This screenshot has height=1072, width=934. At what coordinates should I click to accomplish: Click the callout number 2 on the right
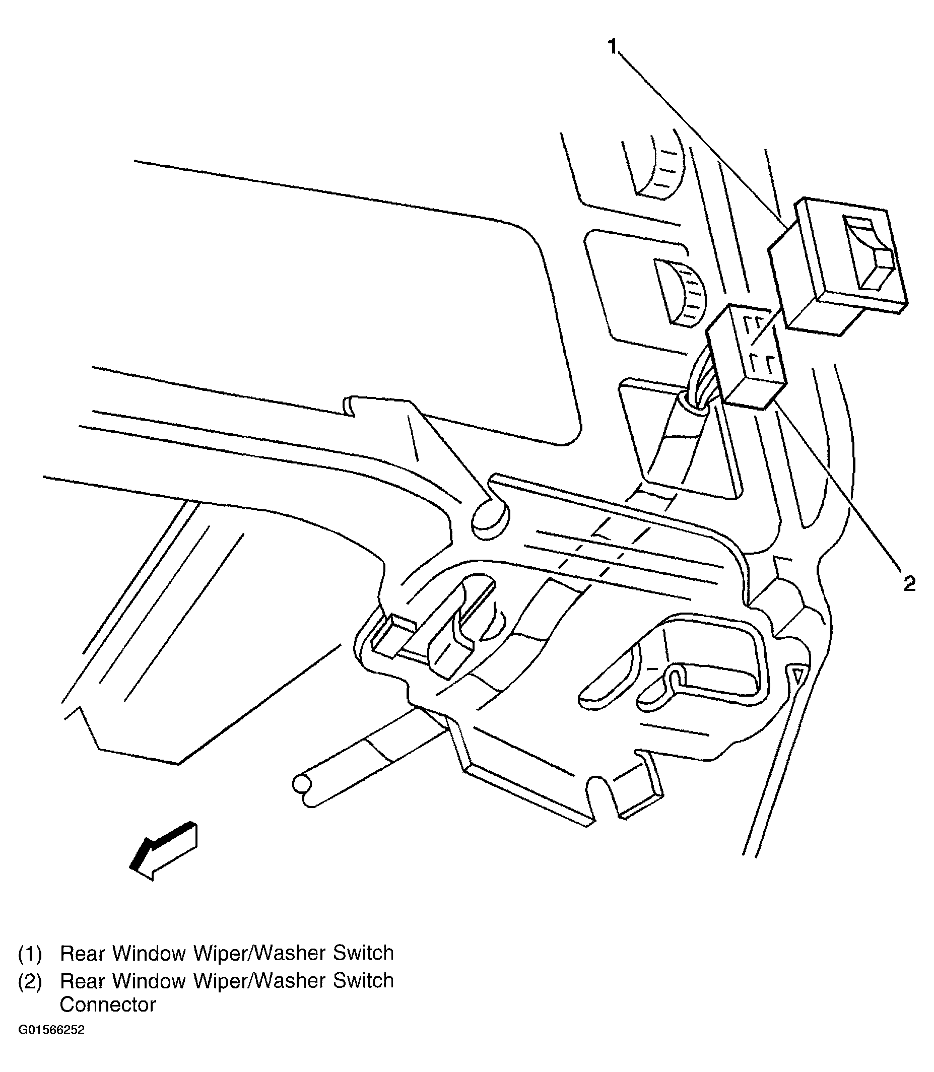click(x=909, y=584)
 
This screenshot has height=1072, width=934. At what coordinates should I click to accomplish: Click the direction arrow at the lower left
click(x=164, y=850)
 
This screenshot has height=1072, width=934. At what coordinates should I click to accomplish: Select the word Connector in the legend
click(x=108, y=1004)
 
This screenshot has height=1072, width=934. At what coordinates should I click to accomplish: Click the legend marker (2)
click(x=30, y=981)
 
